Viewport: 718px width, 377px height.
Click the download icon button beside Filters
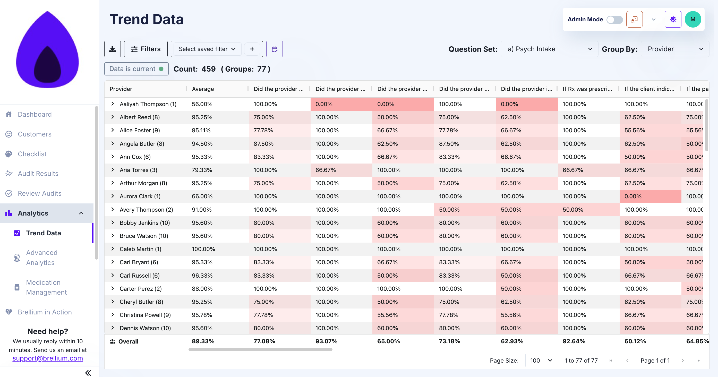click(x=112, y=49)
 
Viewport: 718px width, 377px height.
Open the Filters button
click(x=146, y=49)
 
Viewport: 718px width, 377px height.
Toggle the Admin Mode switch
click(x=614, y=20)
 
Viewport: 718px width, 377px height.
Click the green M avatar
click(x=693, y=20)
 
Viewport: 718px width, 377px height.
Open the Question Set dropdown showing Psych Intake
click(x=549, y=49)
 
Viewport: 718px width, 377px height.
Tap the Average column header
click(x=203, y=89)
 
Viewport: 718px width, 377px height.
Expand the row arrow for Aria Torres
click(x=113, y=170)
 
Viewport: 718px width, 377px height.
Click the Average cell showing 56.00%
click(x=202, y=104)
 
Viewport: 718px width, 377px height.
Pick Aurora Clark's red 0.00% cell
click(x=633, y=196)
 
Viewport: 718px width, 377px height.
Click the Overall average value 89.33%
click(x=203, y=341)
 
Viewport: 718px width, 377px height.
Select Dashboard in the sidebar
click(x=35, y=114)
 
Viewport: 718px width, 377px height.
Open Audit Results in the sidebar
click(x=38, y=174)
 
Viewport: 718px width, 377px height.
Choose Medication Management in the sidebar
click(x=46, y=287)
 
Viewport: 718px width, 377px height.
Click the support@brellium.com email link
click(x=48, y=358)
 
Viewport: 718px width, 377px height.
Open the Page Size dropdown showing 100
click(x=541, y=360)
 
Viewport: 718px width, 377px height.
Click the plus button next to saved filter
click(x=252, y=49)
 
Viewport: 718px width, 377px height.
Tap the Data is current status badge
click(x=136, y=69)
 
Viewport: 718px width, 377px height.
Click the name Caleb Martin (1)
click(x=140, y=249)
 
